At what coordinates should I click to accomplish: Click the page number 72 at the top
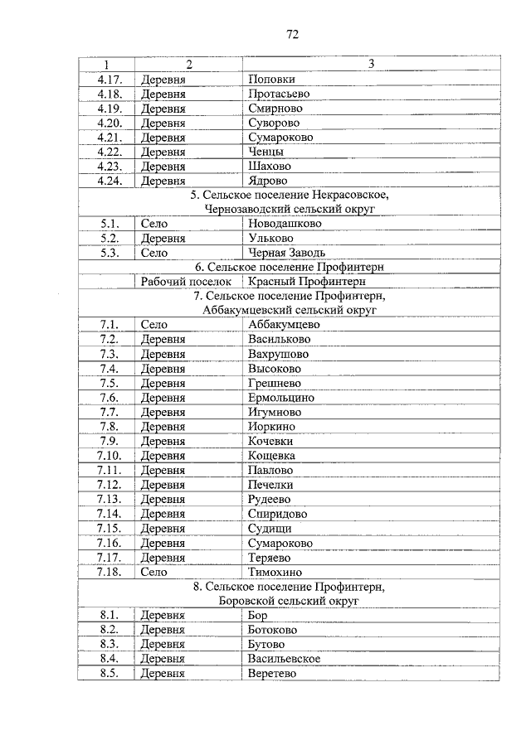point(292,34)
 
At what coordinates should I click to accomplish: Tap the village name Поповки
point(271,80)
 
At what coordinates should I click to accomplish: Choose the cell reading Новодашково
point(285,224)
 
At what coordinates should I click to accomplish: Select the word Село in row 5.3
point(154,253)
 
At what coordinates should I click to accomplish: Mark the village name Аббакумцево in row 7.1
point(284,325)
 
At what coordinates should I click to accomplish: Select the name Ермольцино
point(280,398)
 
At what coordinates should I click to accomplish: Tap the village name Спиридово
point(277,514)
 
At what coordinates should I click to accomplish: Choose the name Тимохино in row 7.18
point(275,572)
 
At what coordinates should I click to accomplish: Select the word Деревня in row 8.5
point(163,674)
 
